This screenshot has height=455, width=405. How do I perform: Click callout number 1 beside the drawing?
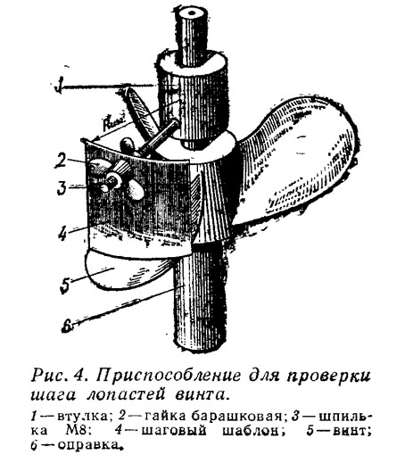[60, 85]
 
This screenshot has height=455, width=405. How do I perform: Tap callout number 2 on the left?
[62, 161]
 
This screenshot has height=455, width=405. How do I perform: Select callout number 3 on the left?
[62, 187]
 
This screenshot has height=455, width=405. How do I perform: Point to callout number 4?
[62, 233]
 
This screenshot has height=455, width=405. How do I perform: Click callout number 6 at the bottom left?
[67, 327]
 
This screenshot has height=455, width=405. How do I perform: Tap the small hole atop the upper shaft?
[192, 13]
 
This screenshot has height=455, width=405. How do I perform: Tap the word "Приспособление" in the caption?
[169, 376]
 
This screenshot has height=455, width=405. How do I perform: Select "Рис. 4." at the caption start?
[59, 375]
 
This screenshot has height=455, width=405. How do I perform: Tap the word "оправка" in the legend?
[90, 445]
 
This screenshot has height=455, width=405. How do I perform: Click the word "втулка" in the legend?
[81, 416]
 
